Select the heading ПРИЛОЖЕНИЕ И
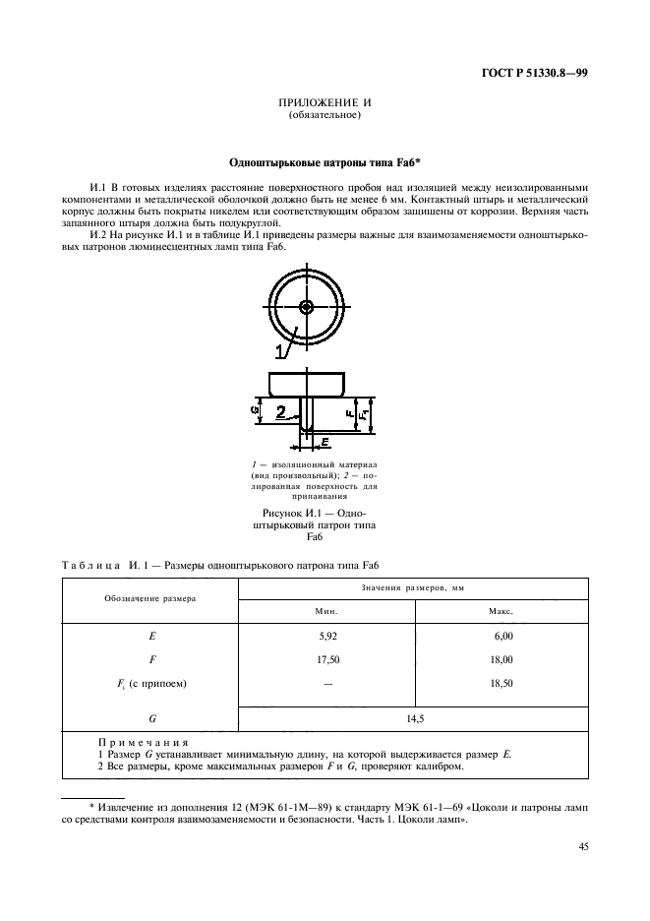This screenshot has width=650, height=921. (x=324, y=103)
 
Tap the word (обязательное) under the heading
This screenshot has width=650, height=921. (x=324, y=117)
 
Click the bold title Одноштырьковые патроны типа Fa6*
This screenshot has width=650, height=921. (x=325, y=160)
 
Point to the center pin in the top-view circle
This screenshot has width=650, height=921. (x=308, y=307)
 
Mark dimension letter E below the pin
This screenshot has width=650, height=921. (x=325, y=443)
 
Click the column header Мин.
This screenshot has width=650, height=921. (x=326, y=611)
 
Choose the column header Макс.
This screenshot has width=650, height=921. (x=502, y=611)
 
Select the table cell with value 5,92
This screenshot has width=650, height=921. (x=326, y=637)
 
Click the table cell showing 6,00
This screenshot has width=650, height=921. (x=502, y=637)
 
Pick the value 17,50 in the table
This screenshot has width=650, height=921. (x=326, y=660)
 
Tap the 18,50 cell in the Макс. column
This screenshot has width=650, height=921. (x=502, y=683)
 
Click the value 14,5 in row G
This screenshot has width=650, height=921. (x=414, y=718)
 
